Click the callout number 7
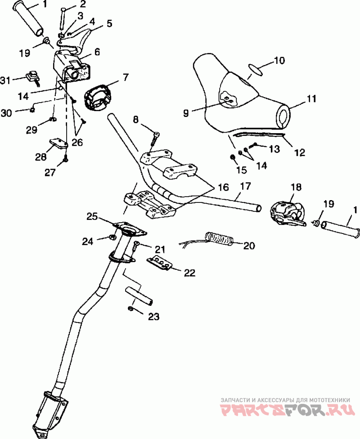point(125,77)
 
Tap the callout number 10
point(279,60)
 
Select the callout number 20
point(249,246)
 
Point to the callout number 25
point(93,216)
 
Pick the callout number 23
point(153,317)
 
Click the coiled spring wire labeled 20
point(219,239)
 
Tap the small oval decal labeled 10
point(256,70)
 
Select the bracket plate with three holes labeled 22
point(159,264)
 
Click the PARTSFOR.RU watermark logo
point(288,410)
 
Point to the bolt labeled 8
point(154,139)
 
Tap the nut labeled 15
point(233,157)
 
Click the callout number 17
point(246,186)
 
